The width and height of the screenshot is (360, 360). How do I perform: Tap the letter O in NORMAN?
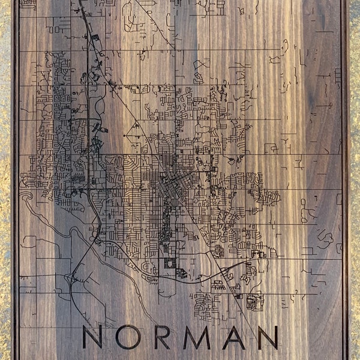coord(128,337)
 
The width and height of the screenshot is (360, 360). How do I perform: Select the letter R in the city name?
coord(161,337)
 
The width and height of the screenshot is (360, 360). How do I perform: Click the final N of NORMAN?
coord(268,337)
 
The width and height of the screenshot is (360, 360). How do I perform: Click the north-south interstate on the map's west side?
coord(88,120)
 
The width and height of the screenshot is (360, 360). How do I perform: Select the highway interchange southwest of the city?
coord(73,277)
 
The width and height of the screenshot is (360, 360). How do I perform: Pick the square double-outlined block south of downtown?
coord(170,263)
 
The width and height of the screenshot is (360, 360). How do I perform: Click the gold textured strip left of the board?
coord(5,180)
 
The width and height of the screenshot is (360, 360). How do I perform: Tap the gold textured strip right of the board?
coord(355,180)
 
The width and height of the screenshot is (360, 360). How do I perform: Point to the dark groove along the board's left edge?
coord(15,180)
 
